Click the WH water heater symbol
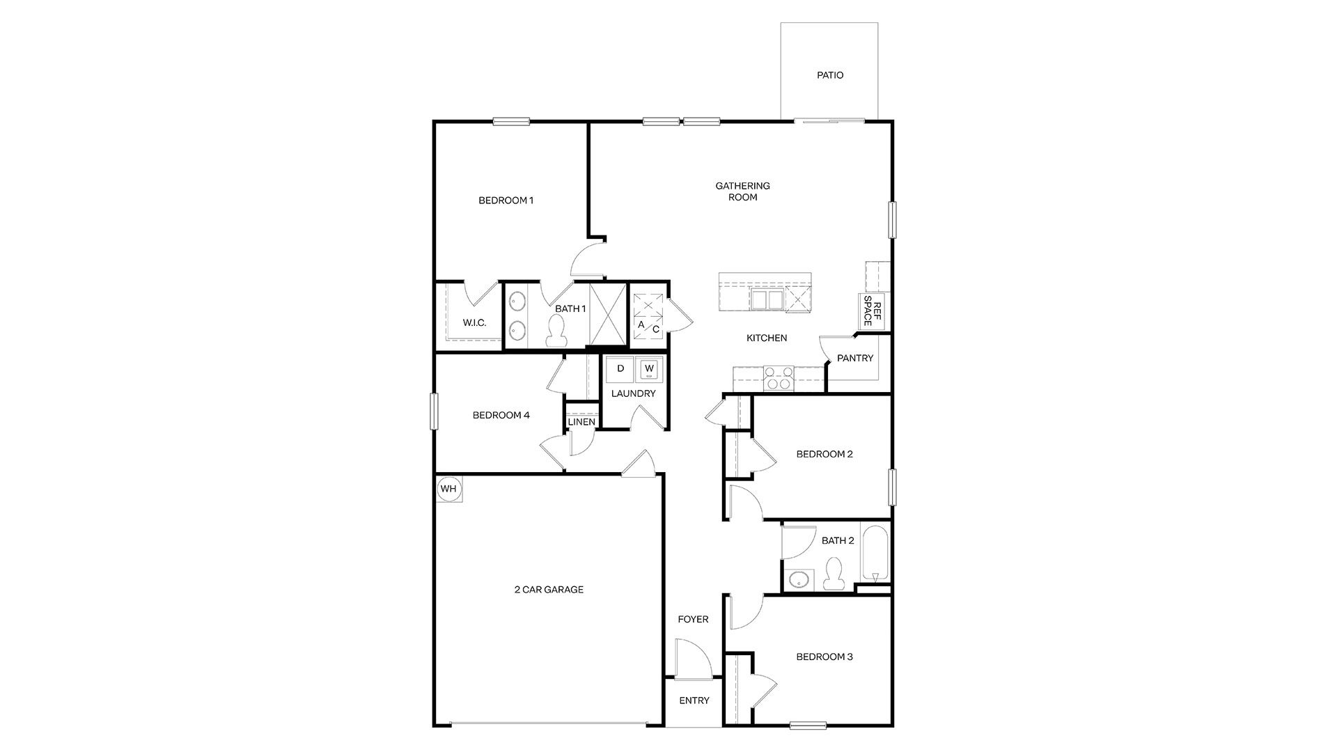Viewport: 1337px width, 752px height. tap(448, 489)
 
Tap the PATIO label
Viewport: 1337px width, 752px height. tap(830, 75)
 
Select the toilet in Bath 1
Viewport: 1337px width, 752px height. tap(556, 331)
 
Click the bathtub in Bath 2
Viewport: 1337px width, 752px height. tap(875, 554)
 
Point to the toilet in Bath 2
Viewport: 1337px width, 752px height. tap(832, 575)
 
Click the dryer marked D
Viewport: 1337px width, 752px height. tap(620, 369)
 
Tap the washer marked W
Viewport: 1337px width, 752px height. tap(649, 369)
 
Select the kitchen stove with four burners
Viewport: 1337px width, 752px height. tap(778, 377)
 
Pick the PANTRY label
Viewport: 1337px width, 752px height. tap(854, 359)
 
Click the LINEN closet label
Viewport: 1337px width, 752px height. tap(581, 422)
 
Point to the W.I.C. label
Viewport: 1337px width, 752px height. tap(474, 323)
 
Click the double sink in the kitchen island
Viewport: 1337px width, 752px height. tap(767, 299)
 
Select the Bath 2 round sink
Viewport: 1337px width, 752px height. tap(799, 579)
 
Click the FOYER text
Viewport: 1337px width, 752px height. tap(693, 619)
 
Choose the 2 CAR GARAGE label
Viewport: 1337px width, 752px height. tap(549, 590)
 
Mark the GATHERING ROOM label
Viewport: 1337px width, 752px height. tap(742, 191)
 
